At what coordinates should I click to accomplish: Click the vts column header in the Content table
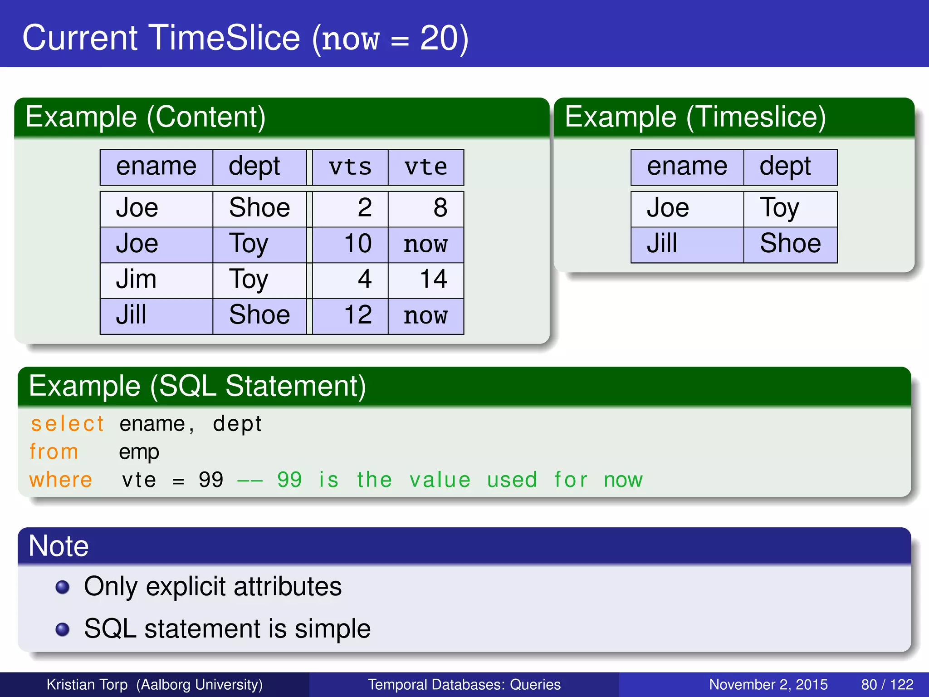coord(350,167)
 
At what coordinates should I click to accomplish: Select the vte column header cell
coord(425,167)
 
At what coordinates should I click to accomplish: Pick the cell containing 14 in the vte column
coord(433,279)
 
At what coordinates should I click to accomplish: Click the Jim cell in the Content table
coord(136,279)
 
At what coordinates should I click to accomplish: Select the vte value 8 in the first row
coord(440,208)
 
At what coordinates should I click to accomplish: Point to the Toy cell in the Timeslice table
coord(779,208)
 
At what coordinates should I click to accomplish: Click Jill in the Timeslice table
coord(662,244)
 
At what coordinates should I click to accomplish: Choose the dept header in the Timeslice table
coord(785,167)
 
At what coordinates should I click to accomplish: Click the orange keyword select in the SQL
coord(67,424)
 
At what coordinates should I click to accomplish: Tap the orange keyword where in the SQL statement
coord(61,480)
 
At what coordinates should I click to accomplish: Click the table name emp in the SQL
coord(139,452)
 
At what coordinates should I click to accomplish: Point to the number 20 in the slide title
coord(438,38)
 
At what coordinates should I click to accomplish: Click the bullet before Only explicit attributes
coord(62,587)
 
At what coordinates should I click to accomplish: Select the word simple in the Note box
coord(332,629)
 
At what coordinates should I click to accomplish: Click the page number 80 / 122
coord(887,684)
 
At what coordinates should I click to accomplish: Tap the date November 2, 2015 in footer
coord(768,684)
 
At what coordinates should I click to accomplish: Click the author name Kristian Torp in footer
coord(87,684)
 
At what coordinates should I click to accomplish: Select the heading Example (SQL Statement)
coord(197,386)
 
